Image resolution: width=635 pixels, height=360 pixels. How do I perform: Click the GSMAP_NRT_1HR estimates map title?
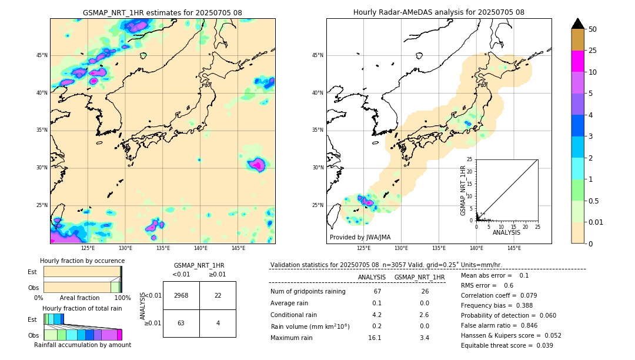pyautogui.click(x=162, y=12)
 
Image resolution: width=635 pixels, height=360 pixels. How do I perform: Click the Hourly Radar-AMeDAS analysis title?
pyautogui.click(x=439, y=12)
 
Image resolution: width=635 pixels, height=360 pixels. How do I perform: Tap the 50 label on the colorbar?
pyautogui.click(x=593, y=29)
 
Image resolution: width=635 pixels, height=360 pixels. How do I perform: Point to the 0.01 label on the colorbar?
pyautogui.click(x=597, y=222)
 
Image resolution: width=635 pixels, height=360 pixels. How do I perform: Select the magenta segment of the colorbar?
pyautogui.click(x=577, y=61)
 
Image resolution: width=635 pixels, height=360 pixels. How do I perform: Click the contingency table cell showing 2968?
pyautogui.click(x=181, y=295)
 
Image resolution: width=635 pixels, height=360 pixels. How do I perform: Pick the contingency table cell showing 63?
pyautogui.click(x=181, y=323)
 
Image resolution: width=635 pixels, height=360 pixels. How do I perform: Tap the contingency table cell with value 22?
pyautogui.click(x=218, y=295)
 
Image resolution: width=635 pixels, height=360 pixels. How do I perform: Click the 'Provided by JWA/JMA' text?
pyautogui.click(x=360, y=238)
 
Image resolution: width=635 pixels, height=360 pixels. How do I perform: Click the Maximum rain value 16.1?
pyautogui.click(x=375, y=338)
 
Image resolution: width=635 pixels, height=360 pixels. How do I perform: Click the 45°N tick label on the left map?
pyautogui.click(x=42, y=55)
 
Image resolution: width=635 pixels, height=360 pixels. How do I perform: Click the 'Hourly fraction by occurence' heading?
pyautogui.click(x=82, y=261)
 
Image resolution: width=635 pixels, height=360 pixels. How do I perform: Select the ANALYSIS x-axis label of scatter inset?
pyautogui.click(x=506, y=233)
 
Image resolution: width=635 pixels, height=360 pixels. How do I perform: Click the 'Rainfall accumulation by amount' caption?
pyautogui.click(x=82, y=345)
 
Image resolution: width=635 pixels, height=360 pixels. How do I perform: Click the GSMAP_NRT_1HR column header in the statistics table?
pyautogui.click(x=419, y=277)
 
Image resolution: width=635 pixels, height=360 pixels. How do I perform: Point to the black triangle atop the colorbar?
pyautogui.click(x=577, y=24)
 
